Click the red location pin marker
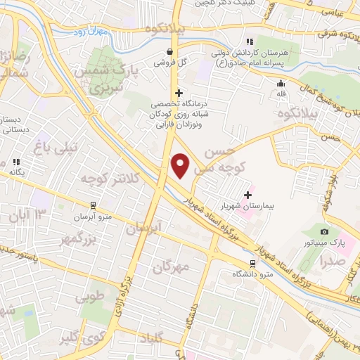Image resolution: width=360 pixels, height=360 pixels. [181, 165]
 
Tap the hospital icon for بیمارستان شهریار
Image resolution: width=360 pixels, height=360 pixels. [247, 195]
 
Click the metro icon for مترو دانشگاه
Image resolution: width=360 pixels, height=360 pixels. [252, 264]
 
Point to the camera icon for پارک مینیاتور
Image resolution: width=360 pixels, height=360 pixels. [324, 231]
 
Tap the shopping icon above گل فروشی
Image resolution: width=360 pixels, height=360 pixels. [170, 51]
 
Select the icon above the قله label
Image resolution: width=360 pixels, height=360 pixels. [281, 83]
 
